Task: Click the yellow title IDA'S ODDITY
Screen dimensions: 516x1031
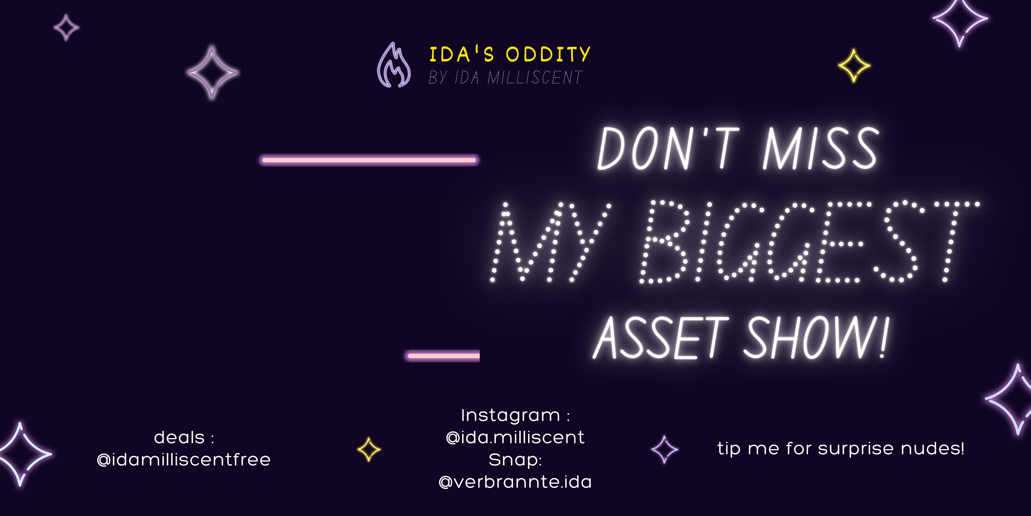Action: point(509,54)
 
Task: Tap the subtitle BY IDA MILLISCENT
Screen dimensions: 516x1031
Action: point(505,77)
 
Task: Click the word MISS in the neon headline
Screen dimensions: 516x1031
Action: point(821,148)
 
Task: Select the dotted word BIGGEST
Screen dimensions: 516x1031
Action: point(808,242)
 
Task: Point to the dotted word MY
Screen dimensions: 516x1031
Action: point(550,242)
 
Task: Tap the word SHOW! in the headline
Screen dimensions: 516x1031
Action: point(817,337)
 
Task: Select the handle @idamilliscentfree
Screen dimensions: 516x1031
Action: point(184,460)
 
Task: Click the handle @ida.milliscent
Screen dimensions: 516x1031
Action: point(515,437)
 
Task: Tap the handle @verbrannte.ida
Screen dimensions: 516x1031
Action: point(515,482)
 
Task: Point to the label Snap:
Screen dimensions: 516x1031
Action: point(515,460)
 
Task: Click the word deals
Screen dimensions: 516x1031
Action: point(179,437)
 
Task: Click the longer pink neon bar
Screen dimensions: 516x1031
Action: point(369,160)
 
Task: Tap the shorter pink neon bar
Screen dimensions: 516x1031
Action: point(443,355)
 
